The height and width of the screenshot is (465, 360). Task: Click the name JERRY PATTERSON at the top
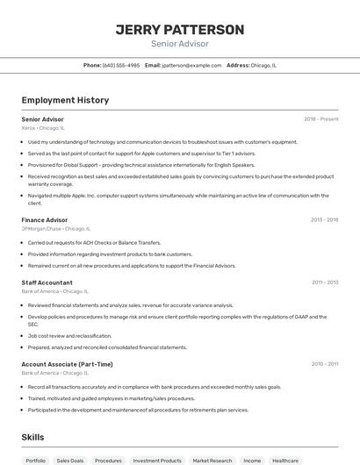click(x=180, y=30)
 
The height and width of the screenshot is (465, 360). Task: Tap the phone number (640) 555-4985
click(x=121, y=65)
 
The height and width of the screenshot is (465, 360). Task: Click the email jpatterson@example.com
click(x=190, y=65)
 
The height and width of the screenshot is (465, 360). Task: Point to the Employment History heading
click(x=65, y=100)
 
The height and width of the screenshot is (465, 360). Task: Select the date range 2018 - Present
click(x=320, y=118)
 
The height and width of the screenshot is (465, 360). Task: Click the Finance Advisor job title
click(x=45, y=219)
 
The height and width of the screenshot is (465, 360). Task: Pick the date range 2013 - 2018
click(x=324, y=219)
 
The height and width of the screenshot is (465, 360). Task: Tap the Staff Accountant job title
click(x=47, y=283)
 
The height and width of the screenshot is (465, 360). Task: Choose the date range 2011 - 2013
click(x=324, y=283)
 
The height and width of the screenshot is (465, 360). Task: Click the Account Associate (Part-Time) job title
click(x=67, y=364)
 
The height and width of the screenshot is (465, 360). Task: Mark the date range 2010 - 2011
click(x=324, y=364)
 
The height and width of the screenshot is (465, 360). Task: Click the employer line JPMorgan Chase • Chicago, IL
click(x=56, y=228)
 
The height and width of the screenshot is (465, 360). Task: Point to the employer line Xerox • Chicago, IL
click(x=43, y=127)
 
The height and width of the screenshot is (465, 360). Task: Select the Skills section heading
click(x=32, y=437)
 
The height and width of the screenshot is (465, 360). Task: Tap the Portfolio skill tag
click(x=36, y=460)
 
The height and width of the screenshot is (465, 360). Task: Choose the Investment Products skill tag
click(x=157, y=460)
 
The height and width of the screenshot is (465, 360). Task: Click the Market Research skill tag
click(x=212, y=460)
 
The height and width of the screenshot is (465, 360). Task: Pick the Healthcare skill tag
click(x=285, y=460)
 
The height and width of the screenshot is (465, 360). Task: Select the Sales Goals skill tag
click(x=70, y=460)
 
